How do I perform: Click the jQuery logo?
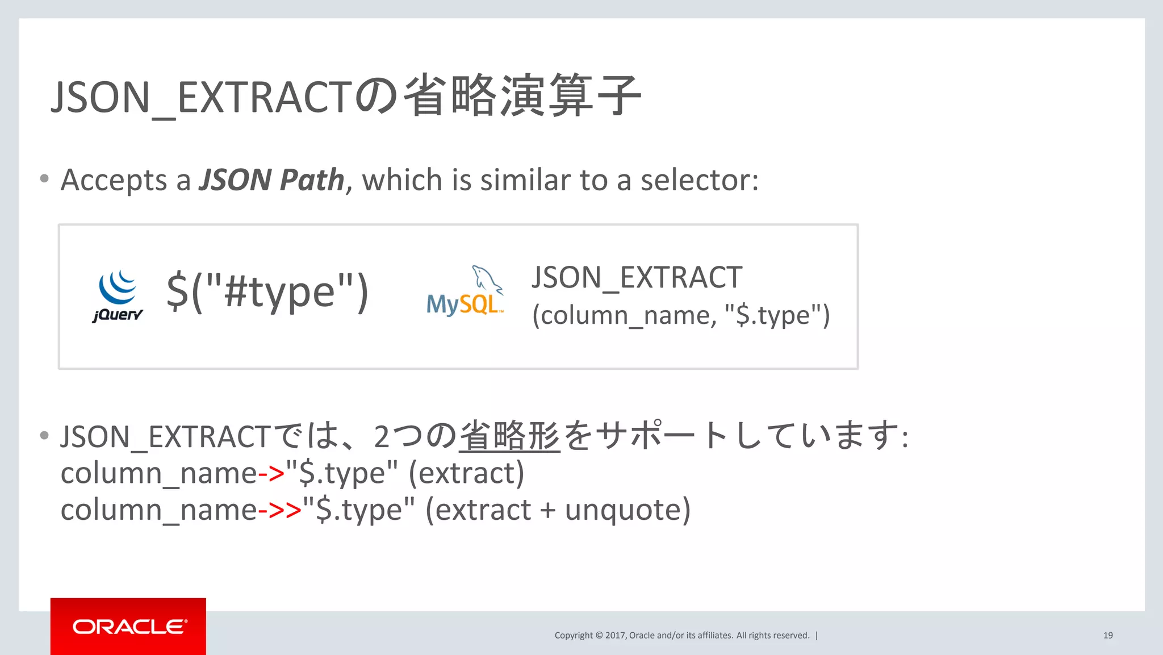118,295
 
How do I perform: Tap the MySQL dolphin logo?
465,291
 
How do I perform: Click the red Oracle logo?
128,626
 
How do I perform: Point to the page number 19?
1108,635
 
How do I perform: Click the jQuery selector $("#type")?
267,291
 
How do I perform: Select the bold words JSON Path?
271,180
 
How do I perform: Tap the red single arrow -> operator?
271,473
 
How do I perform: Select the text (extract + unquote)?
558,510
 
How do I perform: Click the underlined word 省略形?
509,436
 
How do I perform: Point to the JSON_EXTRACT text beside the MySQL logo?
637,278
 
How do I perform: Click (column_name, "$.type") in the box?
680,315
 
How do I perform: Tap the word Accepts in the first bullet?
114,180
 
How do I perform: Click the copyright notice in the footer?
681,635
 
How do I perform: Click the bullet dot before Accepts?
44,179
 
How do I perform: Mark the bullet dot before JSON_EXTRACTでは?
44,436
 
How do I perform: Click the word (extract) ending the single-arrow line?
466,473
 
